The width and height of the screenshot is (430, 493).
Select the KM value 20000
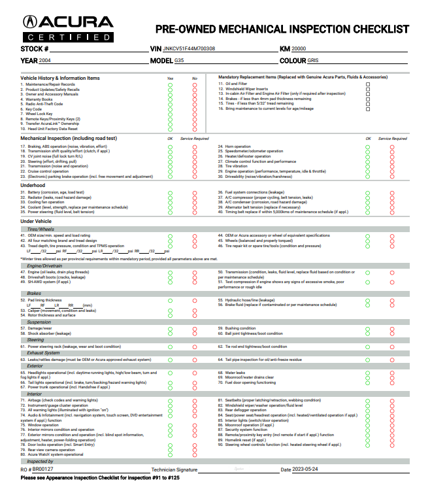point(298,49)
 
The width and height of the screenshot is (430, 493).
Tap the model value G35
point(180,60)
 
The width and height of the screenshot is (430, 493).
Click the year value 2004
point(45,60)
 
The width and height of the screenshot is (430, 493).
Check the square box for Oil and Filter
point(368,84)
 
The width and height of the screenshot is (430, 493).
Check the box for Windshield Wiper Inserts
point(368,89)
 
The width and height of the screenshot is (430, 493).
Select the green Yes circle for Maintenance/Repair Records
point(170,84)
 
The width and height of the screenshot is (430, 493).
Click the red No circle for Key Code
point(195,109)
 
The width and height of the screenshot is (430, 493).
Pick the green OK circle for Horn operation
point(367,146)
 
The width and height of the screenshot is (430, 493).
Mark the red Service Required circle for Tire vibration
point(392,166)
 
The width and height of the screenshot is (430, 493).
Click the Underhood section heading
point(33,185)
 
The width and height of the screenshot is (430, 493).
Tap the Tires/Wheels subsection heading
point(41,229)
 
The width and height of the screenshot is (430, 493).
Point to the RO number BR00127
point(43,469)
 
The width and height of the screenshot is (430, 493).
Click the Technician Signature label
point(174,469)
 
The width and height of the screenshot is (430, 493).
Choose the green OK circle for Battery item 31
point(170,193)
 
